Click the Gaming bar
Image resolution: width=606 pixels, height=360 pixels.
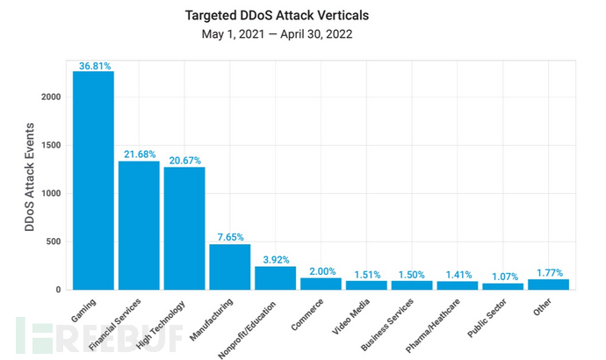pos(93,180)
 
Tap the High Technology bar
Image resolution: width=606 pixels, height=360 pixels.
pos(184,227)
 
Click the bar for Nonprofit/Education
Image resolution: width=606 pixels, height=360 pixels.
pos(275,277)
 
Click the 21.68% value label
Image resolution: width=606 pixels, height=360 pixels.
pos(139,155)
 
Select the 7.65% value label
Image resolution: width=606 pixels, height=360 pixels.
pos(229,237)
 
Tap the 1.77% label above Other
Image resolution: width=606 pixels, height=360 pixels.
pos(548,272)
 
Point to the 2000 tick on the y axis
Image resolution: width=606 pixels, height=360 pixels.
pos(51,97)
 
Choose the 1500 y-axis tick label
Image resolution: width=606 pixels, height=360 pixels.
pos(51,145)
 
